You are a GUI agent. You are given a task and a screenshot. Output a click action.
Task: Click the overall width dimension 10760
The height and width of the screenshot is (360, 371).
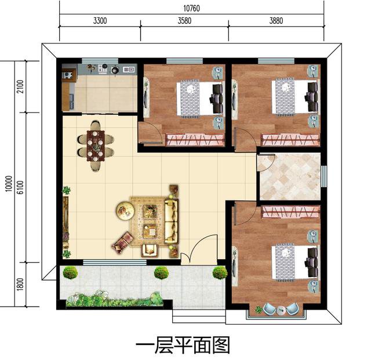click(191, 8)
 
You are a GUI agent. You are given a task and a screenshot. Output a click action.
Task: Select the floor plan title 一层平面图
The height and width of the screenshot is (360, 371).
click(183, 346)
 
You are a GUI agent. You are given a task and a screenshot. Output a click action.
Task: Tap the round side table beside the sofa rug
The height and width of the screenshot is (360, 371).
click(124, 209)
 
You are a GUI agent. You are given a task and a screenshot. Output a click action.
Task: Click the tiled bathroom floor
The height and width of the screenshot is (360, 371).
click(289, 176)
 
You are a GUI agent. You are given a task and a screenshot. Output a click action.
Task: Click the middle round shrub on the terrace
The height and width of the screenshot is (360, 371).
click(161, 272)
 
